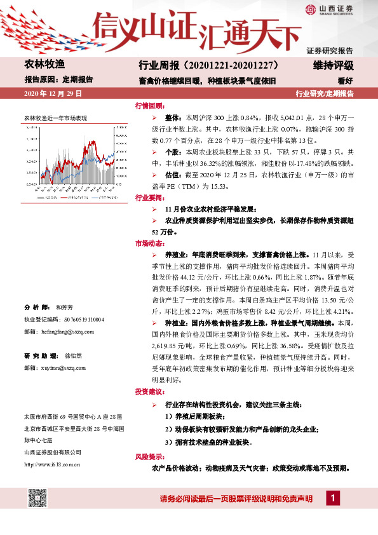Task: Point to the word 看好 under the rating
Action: coord(345,80)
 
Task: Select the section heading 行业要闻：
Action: coord(149,198)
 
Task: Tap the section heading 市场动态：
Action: coord(149,243)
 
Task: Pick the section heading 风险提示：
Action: coord(149,457)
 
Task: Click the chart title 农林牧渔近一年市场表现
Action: coord(55,118)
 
